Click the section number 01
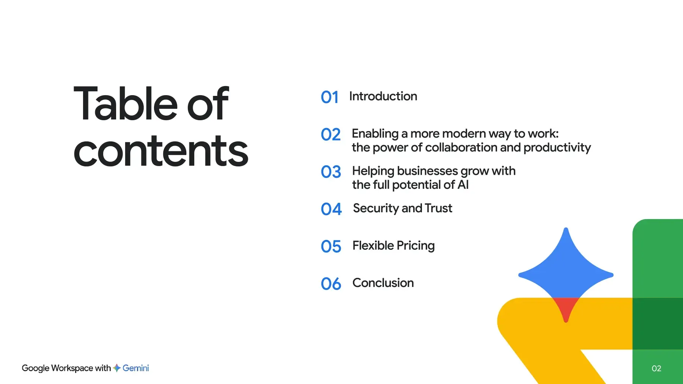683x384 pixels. tap(329, 97)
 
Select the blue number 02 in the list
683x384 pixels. tap(330, 135)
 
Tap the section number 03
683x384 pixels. tap(331, 172)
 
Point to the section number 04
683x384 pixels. tap(331, 209)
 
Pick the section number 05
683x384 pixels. tap(331, 246)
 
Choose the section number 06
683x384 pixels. tap(331, 284)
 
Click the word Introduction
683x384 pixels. tap(383, 96)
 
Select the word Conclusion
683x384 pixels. tap(383, 283)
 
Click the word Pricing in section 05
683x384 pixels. tap(416, 246)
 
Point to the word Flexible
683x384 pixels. tap(373, 246)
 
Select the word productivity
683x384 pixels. tap(557, 148)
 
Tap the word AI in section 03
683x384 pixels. tap(463, 185)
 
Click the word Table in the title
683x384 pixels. tap(126, 103)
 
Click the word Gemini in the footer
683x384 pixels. tap(136, 368)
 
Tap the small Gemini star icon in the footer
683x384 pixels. tap(117, 368)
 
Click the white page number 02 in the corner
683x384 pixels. tap(656, 368)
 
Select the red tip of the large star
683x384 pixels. tap(566, 309)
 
